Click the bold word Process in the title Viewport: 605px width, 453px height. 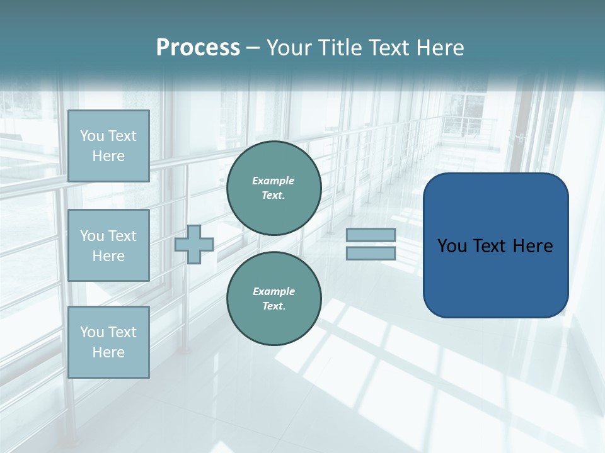tap(198, 48)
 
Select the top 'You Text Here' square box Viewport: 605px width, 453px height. tap(108, 146)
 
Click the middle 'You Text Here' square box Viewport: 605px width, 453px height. tap(108, 245)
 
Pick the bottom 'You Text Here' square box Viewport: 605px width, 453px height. tap(108, 342)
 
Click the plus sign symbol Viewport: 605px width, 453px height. tap(194, 245)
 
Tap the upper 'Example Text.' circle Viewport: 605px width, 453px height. tap(274, 188)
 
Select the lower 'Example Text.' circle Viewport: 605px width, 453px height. tap(274, 299)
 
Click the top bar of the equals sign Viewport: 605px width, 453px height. tap(371, 235)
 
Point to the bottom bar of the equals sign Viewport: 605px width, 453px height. tap(371, 253)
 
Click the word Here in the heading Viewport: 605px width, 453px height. tap(441, 48)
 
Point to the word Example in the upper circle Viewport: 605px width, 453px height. tap(273, 181)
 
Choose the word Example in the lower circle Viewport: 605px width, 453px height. tap(274, 291)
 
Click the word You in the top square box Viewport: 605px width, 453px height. tap(92, 136)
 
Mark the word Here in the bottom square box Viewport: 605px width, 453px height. tap(108, 352)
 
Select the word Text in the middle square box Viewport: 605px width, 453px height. tap(122, 236)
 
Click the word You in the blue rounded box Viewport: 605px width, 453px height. tap(452, 246)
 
